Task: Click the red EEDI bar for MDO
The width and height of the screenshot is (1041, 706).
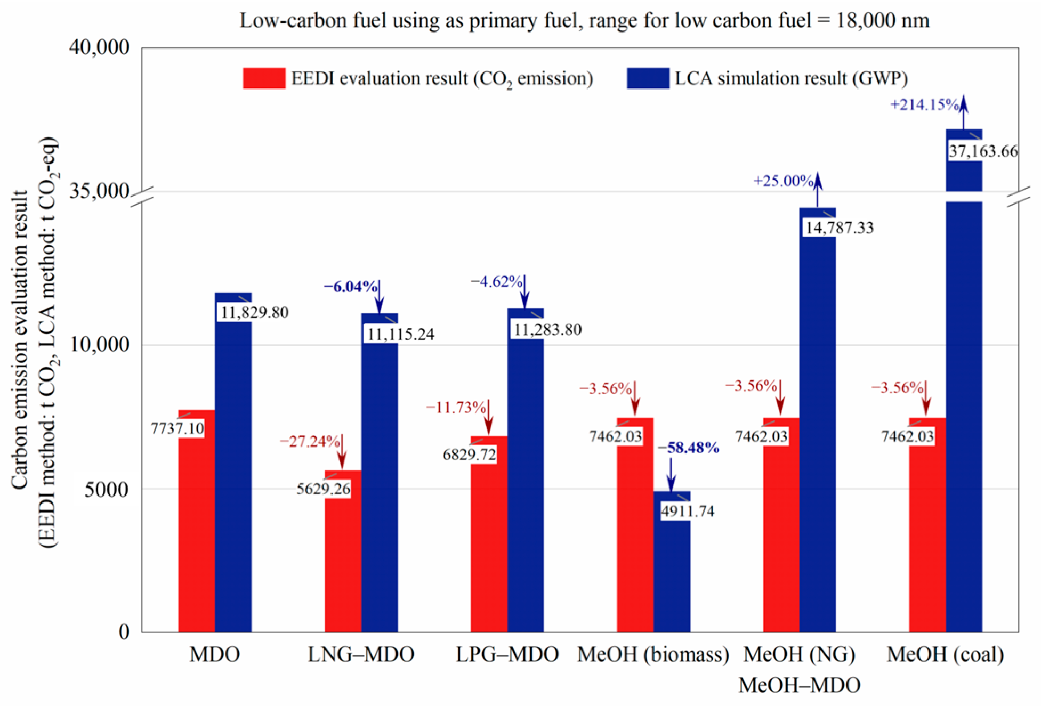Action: (197, 533)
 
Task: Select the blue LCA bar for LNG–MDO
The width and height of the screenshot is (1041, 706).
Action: (379, 480)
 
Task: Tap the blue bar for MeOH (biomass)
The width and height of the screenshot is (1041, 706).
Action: (672, 575)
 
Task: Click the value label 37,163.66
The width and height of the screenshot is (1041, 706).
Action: (983, 151)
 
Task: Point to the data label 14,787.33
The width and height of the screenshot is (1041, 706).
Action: (839, 228)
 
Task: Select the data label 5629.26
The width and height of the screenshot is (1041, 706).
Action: (324, 489)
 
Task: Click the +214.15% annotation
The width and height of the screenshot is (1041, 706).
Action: (924, 105)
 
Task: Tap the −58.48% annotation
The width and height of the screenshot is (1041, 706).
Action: (688, 448)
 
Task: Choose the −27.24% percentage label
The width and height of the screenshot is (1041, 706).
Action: (310, 442)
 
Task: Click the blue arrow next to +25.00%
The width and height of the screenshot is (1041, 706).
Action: (818, 189)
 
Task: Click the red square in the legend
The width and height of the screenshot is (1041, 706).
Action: (264, 78)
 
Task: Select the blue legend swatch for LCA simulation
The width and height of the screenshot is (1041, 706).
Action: (648, 78)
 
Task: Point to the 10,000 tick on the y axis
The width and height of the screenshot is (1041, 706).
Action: (99, 345)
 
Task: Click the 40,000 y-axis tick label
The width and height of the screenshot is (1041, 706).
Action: (99, 47)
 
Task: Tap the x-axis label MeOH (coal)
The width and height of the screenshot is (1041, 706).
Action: (945, 654)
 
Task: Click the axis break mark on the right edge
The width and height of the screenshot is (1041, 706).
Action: (1019, 197)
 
